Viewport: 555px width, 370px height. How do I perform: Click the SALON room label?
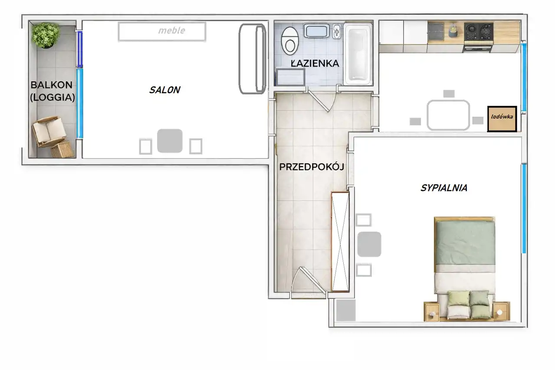click(165, 90)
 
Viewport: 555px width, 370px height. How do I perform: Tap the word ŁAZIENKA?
click(315, 63)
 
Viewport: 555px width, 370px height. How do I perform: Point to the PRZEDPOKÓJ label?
click(312, 167)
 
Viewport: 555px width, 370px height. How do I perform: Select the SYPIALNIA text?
click(444, 188)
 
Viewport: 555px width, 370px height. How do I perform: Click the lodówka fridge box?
click(502, 119)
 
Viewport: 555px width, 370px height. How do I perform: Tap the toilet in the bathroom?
click(290, 41)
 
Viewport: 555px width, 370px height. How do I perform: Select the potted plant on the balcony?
click(46, 35)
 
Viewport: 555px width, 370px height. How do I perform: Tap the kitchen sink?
click(436, 32)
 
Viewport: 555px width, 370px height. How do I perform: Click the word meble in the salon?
click(171, 30)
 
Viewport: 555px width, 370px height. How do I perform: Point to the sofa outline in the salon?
click(252, 59)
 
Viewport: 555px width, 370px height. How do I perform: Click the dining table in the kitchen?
click(448, 115)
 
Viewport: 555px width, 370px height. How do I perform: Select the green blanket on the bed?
click(466, 243)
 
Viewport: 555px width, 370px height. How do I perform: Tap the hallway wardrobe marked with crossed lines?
click(340, 242)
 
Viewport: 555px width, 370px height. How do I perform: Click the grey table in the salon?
click(170, 141)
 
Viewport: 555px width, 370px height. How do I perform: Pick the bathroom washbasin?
click(317, 31)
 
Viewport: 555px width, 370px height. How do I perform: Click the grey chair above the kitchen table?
click(449, 94)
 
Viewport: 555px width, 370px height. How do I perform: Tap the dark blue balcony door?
click(79, 49)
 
